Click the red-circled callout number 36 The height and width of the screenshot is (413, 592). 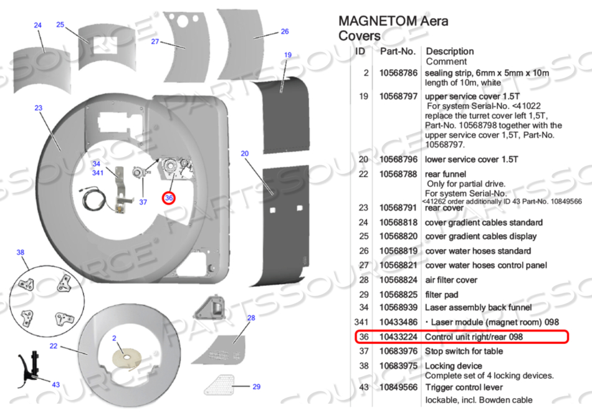pos(169,198)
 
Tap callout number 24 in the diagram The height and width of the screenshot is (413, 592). pos(38,26)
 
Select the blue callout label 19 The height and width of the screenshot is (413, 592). pos(288,55)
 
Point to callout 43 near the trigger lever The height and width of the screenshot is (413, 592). pos(55,384)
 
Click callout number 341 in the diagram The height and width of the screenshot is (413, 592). pos(97,173)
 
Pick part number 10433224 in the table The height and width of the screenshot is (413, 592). pos(398,337)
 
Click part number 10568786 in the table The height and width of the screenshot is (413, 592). pos(398,73)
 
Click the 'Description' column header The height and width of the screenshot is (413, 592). pos(449,51)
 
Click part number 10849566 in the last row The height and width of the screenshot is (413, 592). pos(398,387)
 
